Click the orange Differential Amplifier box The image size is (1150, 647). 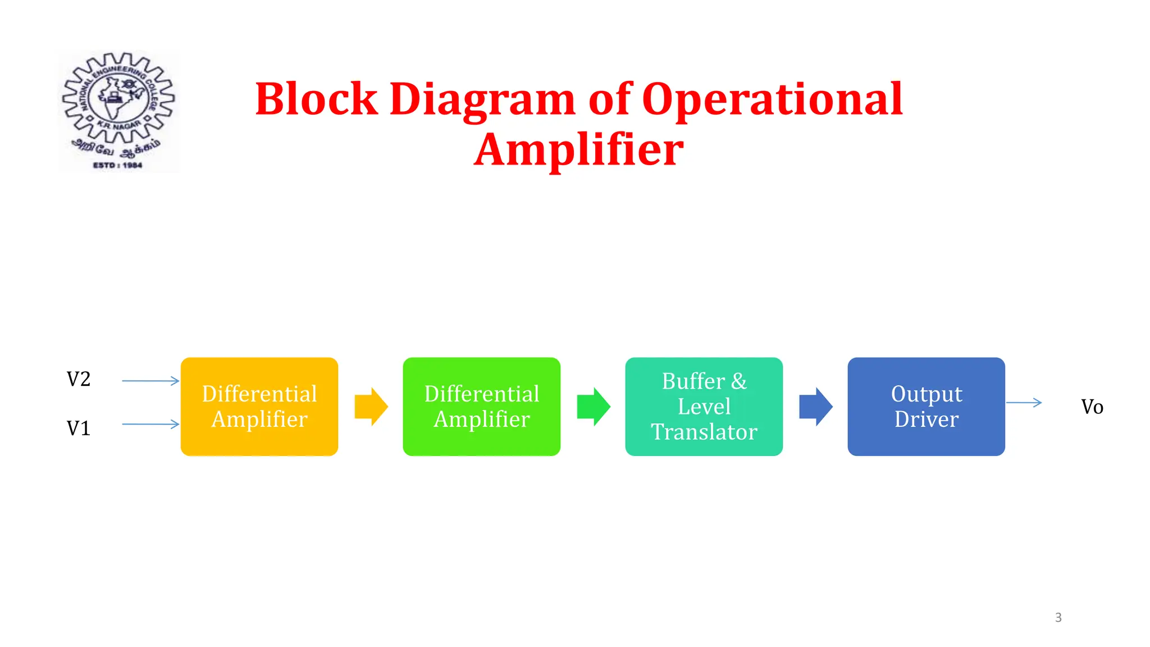coord(259,406)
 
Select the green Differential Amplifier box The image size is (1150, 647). coord(481,406)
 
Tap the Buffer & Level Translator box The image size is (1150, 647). coord(704,406)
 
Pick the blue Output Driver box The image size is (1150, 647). coord(926,406)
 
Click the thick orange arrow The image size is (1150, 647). coord(371,406)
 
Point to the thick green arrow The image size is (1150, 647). coord(593,406)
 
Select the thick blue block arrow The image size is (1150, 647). coord(815,406)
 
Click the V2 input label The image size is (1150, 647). coord(79,379)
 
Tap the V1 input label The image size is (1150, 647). coord(79,429)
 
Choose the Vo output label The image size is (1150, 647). coord(1092,407)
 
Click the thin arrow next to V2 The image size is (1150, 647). coord(150,381)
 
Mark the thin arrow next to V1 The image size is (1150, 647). coord(150,424)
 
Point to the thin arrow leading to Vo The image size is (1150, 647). coord(1024,402)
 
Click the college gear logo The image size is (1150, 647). coord(118,101)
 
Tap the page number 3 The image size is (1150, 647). coord(1058,617)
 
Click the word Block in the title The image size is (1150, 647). coord(316,99)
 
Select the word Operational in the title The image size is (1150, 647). coord(772,99)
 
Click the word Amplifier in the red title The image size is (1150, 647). coord(578,150)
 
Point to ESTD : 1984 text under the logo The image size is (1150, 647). coord(117,165)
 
